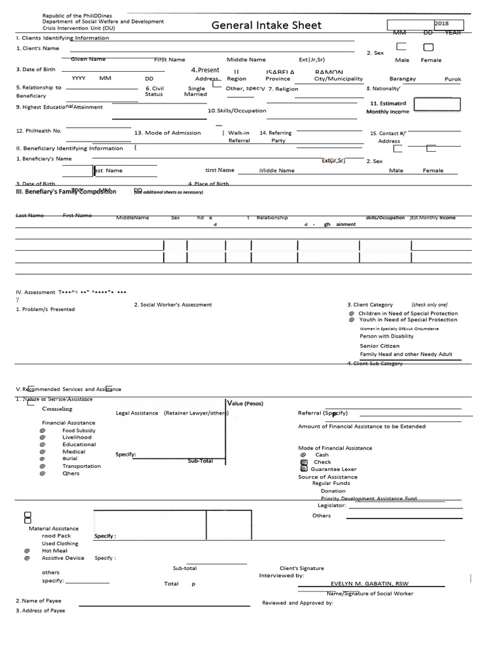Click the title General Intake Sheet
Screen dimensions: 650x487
click(266, 25)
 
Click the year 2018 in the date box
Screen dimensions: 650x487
click(441, 23)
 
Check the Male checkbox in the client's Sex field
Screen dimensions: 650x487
click(401, 47)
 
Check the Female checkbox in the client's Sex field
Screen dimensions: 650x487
click(429, 47)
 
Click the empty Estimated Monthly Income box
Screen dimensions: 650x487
click(437, 105)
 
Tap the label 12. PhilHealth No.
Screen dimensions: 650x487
click(39, 131)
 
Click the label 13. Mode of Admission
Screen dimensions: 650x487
click(167, 133)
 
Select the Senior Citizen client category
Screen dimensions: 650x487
click(380, 346)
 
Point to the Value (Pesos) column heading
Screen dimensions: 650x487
click(245, 403)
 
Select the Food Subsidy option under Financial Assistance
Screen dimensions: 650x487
click(79, 430)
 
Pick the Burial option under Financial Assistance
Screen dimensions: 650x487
click(70, 458)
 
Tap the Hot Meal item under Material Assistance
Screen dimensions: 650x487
click(55, 551)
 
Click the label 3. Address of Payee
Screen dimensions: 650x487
click(41, 611)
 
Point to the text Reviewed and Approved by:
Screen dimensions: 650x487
click(297, 603)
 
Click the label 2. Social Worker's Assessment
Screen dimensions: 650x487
click(172, 305)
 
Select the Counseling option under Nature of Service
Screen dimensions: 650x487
click(57, 409)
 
